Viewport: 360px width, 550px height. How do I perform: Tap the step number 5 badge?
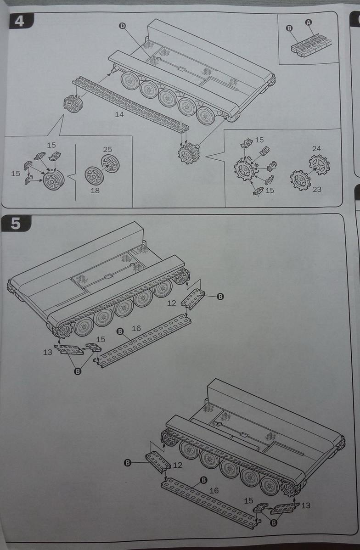pos(16,223)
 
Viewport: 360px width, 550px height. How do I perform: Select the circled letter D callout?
pos(122,26)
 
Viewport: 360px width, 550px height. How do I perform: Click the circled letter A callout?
pos(308,22)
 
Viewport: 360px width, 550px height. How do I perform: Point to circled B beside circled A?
pos(289,28)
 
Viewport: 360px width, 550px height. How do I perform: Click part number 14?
pos(119,114)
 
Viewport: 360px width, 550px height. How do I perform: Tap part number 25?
pos(107,150)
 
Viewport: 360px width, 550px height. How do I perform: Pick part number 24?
pos(316,149)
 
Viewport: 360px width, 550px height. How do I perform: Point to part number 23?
pos(317,189)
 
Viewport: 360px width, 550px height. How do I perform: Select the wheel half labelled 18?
pos(94,176)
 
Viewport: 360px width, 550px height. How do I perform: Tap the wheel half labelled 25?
pos(110,163)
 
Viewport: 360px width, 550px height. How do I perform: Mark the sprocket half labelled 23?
pos(300,180)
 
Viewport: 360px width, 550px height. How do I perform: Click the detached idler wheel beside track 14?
pos(73,104)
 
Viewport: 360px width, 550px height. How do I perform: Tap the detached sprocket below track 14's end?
pos(188,152)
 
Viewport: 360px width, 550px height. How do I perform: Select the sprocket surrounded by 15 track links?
pos(246,170)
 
